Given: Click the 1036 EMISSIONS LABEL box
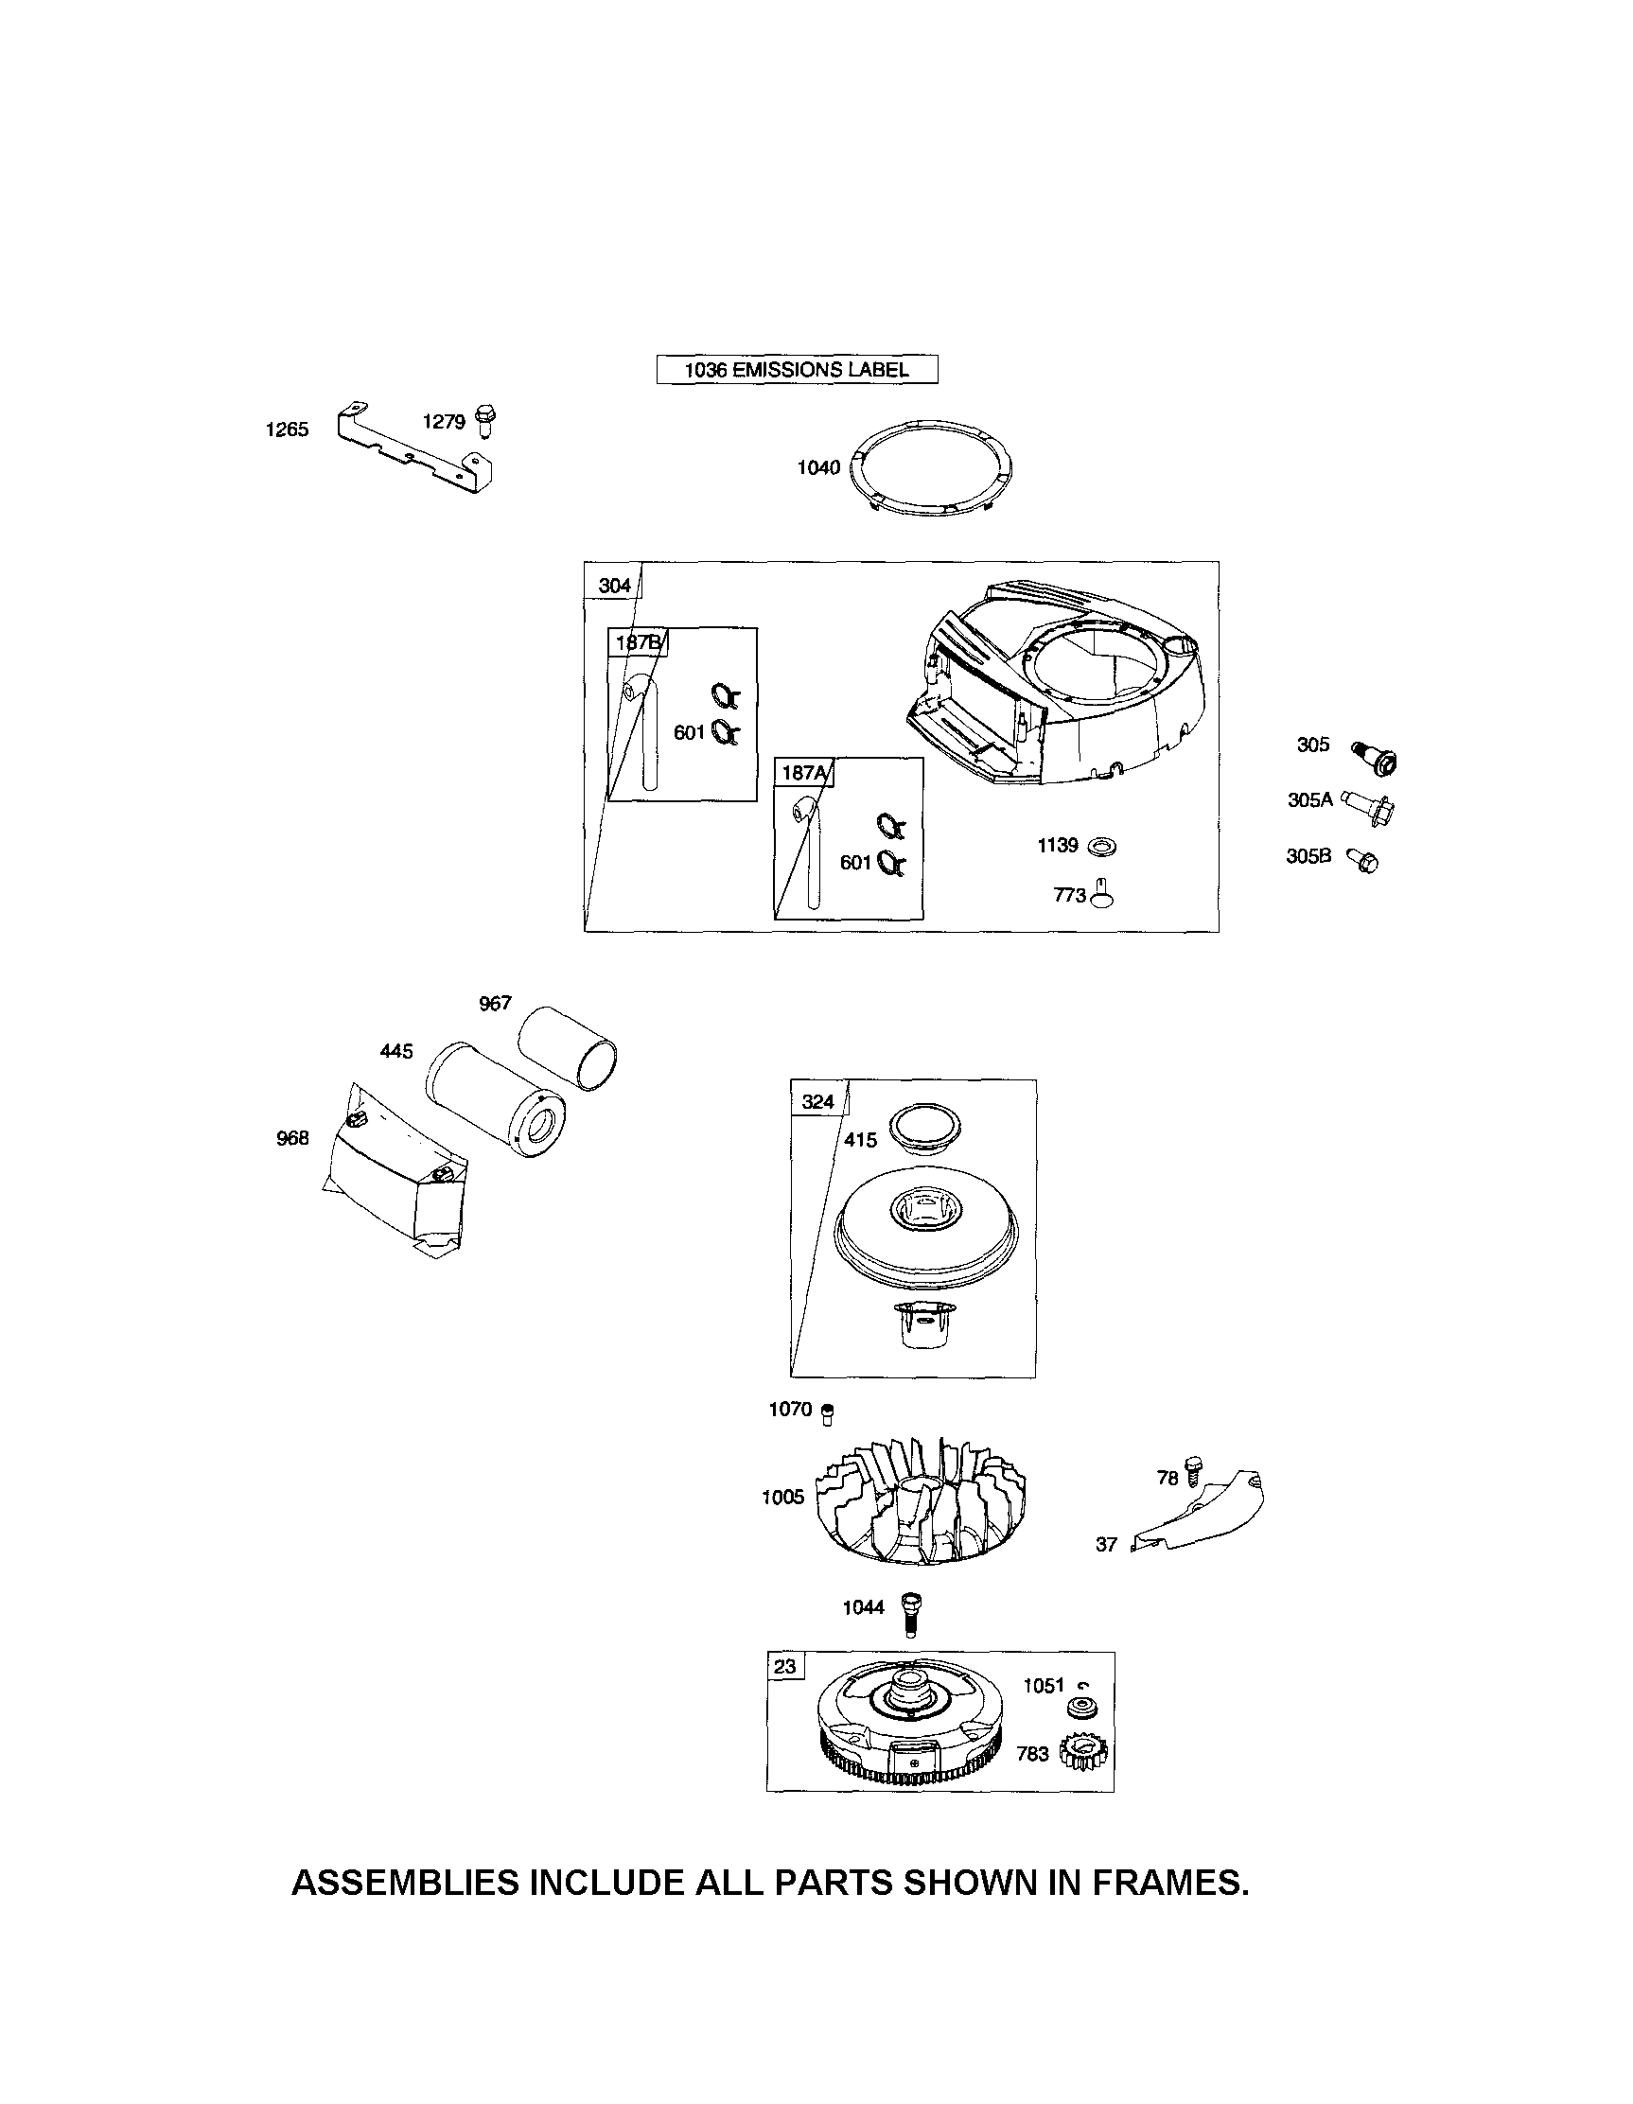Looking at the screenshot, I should (x=796, y=369).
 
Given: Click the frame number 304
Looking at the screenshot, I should (x=614, y=585).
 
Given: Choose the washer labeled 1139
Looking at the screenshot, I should (x=1101, y=847).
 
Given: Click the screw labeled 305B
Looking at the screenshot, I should (x=1363, y=859).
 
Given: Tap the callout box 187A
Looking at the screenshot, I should (x=803, y=772).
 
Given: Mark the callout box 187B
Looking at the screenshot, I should (x=637, y=641).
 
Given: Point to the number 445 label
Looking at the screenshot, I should (x=396, y=1051).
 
